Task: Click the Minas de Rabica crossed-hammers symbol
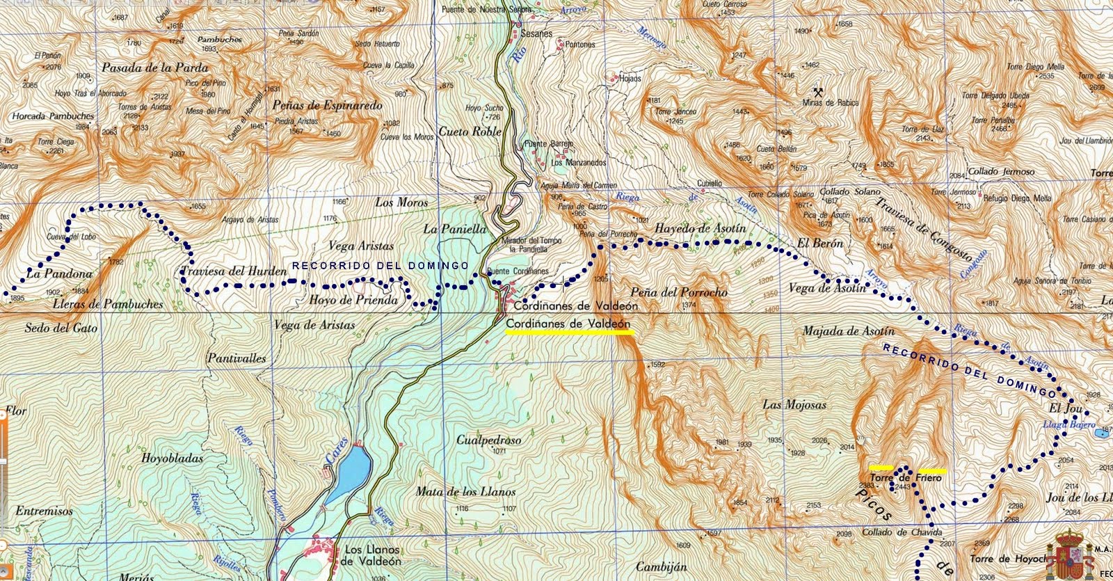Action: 819,91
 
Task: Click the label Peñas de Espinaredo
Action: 328,106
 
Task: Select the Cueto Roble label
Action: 470,131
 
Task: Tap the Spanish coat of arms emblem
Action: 1076,553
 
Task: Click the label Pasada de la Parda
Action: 155,67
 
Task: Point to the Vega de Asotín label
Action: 828,287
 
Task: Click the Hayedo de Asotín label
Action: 700,228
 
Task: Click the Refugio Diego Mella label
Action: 1016,198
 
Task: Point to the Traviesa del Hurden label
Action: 233,271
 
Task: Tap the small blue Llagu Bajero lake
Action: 1101,433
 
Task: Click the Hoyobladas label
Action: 172,459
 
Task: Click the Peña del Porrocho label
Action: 678,292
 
